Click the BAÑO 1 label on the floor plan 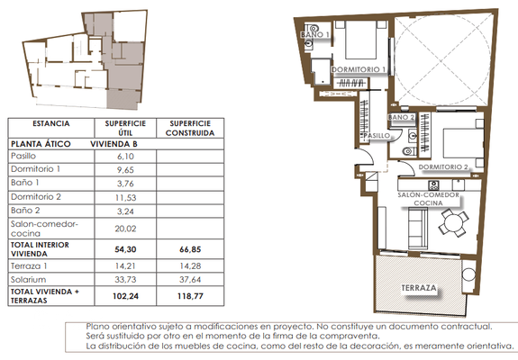315,36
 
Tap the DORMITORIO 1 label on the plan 359,69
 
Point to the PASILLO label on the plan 377,135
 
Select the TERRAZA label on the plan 420,289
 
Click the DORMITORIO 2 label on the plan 444,167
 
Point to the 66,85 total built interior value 186,248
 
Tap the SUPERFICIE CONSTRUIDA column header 186,127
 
